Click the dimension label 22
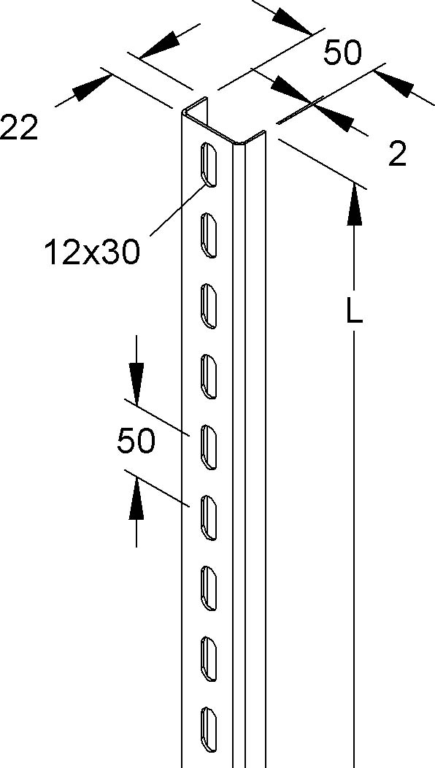pos(19,128)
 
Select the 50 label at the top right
pos(342,53)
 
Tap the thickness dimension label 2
pos(397,155)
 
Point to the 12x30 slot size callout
pos(92,253)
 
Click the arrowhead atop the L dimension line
pos(354,206)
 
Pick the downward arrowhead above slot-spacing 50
pos(136,384)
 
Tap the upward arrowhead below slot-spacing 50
pos(136,499)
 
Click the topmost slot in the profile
pos(209,164)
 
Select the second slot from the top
pos(209,235)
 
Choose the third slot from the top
pos(209,306)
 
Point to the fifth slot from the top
pos(209,447)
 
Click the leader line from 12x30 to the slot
pos(178,209)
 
